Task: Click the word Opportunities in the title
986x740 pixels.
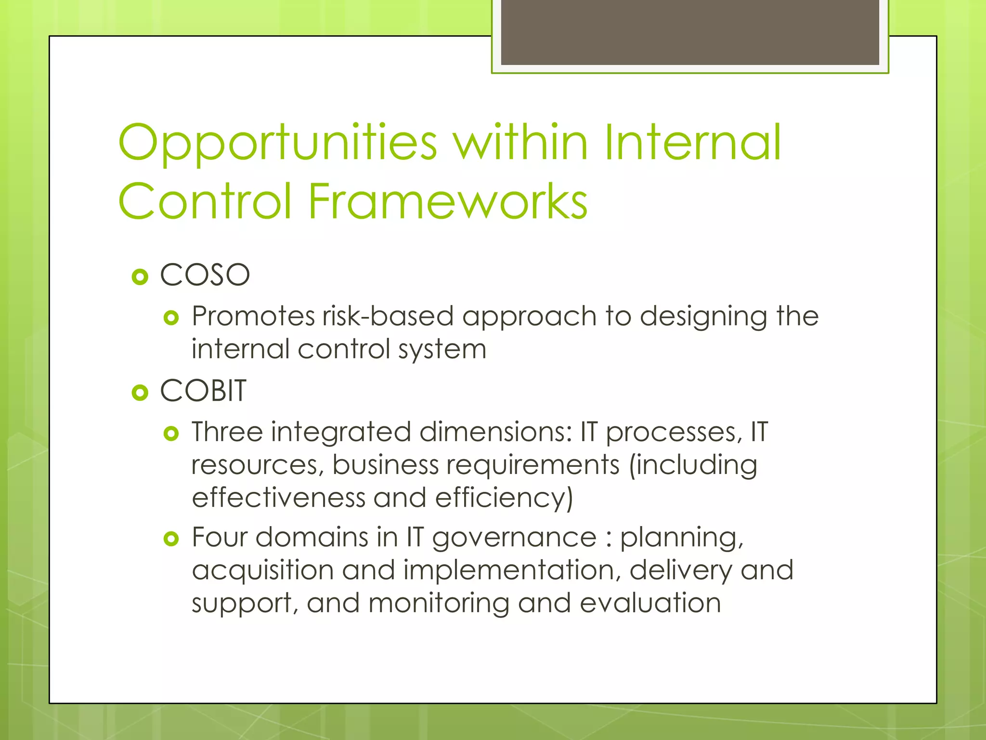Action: (x=277, y=144)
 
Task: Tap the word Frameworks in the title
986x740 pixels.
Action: (x=448, y=201)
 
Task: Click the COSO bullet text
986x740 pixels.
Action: (x=205, y=276)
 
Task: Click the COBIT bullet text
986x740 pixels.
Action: (x=203, y=391)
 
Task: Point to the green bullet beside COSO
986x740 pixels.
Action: (x=140, y=277)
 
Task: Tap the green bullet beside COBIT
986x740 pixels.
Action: (x=140, y=393)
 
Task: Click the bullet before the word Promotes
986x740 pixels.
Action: (x=171, y=318)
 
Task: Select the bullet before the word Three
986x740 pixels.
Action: (x=171, y=434)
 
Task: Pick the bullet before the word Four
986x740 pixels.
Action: (x=171, y=539)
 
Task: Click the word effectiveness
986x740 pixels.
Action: (x=278, y=498)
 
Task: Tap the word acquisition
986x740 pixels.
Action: (x=263, y=571)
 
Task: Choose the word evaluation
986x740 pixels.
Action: (x=650, y=603)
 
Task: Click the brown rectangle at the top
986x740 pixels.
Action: (x=689, y=32)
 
